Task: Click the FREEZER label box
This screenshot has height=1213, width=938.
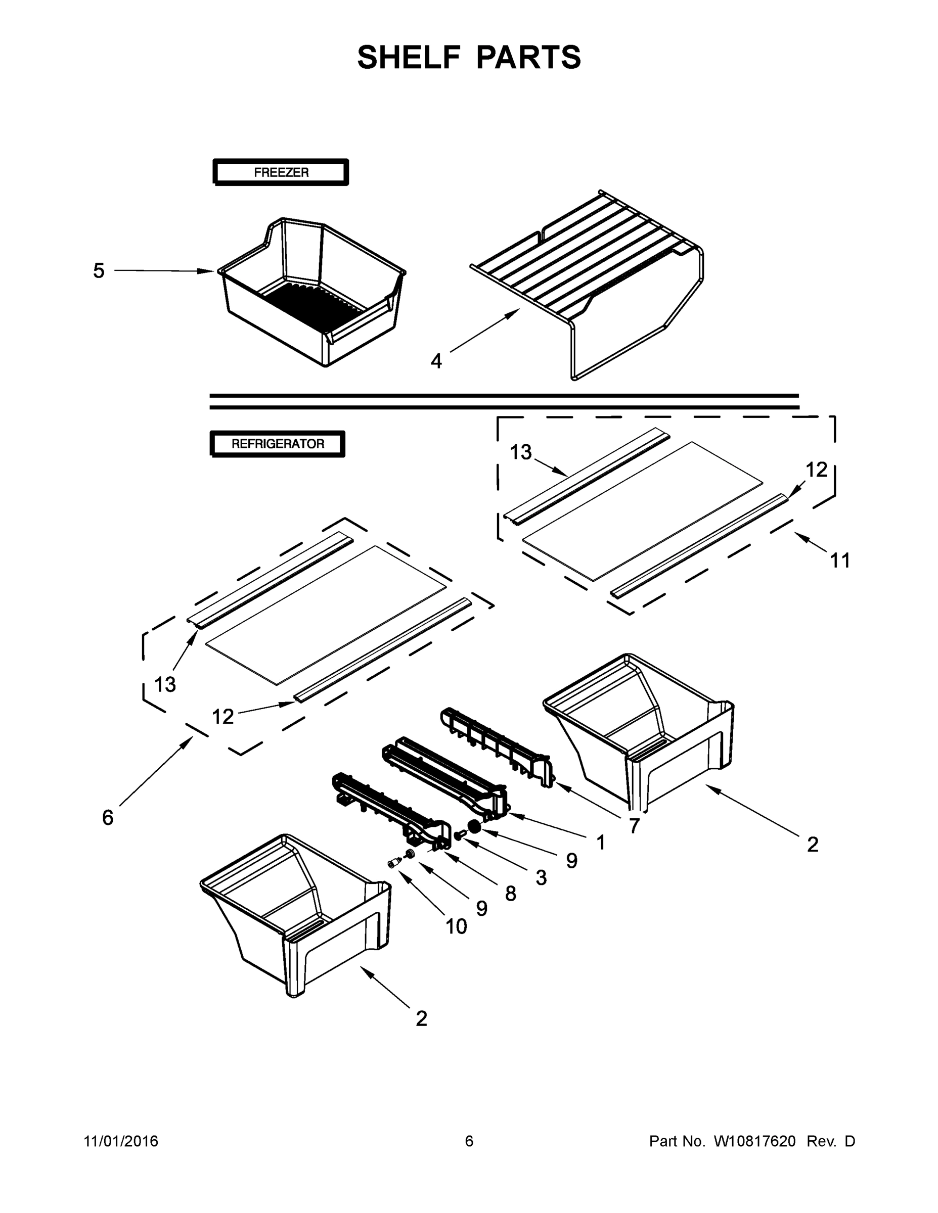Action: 281,172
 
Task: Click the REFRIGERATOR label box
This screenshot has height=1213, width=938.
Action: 277,444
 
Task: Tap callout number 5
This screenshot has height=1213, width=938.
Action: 99,271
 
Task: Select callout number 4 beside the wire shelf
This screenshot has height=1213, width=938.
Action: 436,361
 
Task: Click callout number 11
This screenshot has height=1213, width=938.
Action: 839,561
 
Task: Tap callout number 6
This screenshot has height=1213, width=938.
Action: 108,818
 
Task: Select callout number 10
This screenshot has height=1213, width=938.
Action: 456,926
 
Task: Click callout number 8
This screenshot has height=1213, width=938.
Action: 510,894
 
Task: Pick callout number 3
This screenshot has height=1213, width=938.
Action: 541,877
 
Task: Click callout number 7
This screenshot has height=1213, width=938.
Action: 634,826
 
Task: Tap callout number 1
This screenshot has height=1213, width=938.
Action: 601,843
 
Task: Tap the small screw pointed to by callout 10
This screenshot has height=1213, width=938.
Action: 393,863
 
